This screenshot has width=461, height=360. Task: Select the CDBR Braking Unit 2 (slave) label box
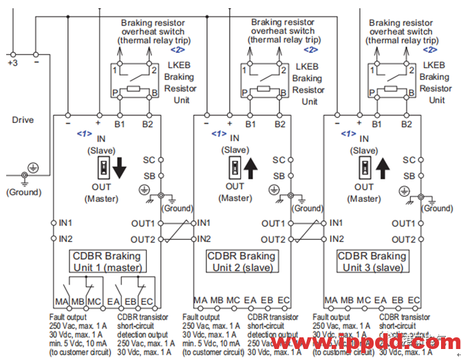[241, 262]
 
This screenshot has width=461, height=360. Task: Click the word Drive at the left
[23, 120]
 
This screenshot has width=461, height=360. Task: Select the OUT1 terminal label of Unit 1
[144, 223]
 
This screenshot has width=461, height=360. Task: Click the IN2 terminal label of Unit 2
[204, 239]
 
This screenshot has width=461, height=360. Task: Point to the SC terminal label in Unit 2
[278, 159]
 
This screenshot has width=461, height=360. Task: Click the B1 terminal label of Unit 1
[120, 124]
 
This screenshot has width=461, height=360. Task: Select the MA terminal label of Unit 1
[61, 301]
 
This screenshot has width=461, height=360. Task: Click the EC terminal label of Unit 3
[414, 301]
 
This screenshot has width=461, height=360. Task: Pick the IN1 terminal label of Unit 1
[65, 223]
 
